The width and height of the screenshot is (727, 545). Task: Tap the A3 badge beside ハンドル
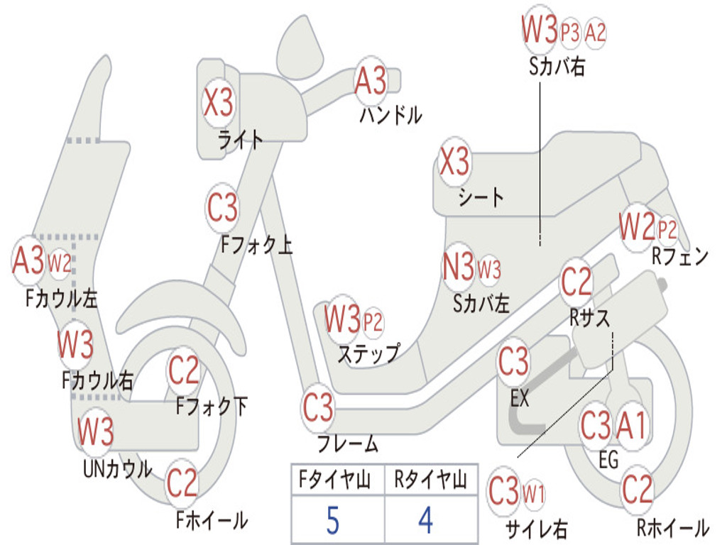click(371, 81)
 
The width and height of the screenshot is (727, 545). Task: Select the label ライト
click(241, 140)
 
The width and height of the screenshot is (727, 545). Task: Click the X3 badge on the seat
click(454, 163)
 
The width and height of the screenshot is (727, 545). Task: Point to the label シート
click(481, 197)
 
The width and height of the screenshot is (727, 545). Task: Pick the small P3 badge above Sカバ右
click(570, 33)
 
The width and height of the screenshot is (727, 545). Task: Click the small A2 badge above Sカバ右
click(596, 33)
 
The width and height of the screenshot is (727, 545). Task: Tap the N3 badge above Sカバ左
click(458, 268)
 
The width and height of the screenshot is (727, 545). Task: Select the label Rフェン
click(680, 257)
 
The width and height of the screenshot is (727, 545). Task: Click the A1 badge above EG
click(631, 426)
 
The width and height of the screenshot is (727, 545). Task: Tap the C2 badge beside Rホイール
click(637, 489)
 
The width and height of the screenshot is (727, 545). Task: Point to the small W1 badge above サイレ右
click(533, 492)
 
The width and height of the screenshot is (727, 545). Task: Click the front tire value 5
click(333, 521)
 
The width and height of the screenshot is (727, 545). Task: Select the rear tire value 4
click(425, 521)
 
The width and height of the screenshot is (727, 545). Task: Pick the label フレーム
click(348, 445)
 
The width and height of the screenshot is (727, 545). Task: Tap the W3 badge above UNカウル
click(96, 431)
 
